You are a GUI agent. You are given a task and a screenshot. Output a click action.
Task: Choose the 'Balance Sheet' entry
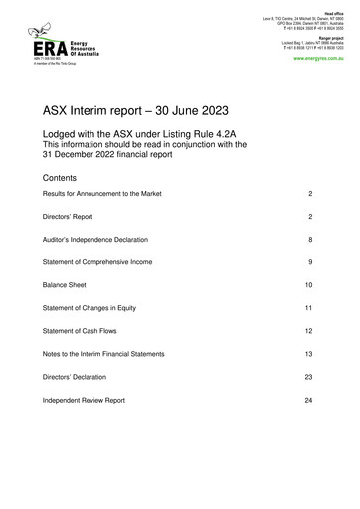(x=64, y=285)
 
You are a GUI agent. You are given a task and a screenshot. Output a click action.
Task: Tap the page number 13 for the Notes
(x=310, y=354)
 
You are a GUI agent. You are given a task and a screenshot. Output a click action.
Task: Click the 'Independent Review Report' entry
(x=84, y=401)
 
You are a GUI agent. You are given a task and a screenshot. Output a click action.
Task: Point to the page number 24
(x=310, y=401)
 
